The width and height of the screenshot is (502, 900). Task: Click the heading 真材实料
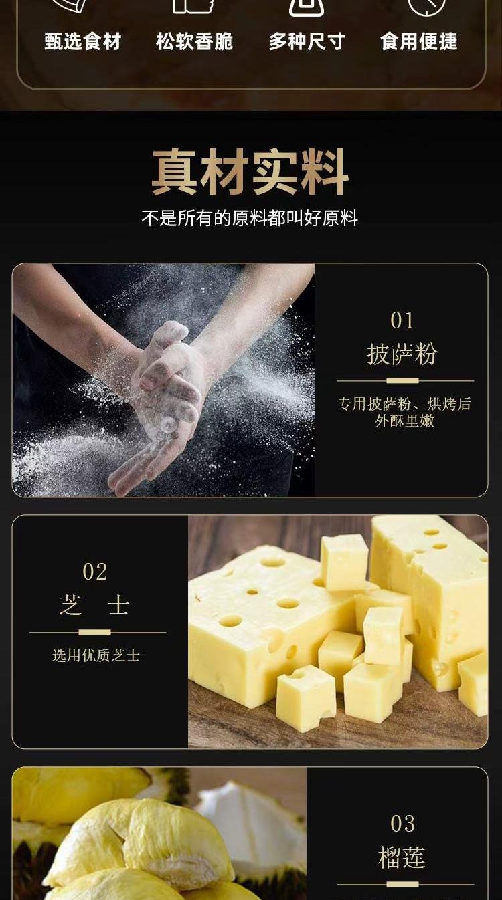(x=250, y=172)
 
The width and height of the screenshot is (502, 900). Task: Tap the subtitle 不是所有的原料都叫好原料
(x=250, y=218)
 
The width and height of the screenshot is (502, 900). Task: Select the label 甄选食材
(x=83, y=41)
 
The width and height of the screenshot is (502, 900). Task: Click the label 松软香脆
(x=195, y=41)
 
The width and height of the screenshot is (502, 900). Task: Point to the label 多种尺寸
(x=307, y=41)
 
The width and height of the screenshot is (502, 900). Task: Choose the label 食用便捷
(x=419, y=41)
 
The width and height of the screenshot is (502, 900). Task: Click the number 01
(x=402, y=321)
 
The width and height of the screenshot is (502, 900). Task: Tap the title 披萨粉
(x=402, y=354)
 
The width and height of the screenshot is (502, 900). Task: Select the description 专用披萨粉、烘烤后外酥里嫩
(x=404, y=413)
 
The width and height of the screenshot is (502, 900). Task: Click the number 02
(x=95, y=572)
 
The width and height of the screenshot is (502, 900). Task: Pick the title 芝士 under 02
(x=94, y=605)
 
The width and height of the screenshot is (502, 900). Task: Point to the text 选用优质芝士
(x=96, y=655)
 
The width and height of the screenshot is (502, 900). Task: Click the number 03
(x=403, y=824)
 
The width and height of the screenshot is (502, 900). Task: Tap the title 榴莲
(x=402, y=857)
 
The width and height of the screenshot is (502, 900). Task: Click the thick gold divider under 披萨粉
(x=402, y=380)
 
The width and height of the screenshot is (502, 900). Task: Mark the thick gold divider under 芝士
(x=94, y=632)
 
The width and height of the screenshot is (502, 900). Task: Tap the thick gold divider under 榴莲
(x=402, y=884)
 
